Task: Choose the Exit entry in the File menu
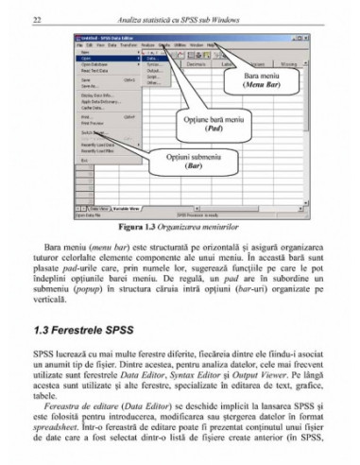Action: pos(84,161)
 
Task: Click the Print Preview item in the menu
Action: pos(93,123)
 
